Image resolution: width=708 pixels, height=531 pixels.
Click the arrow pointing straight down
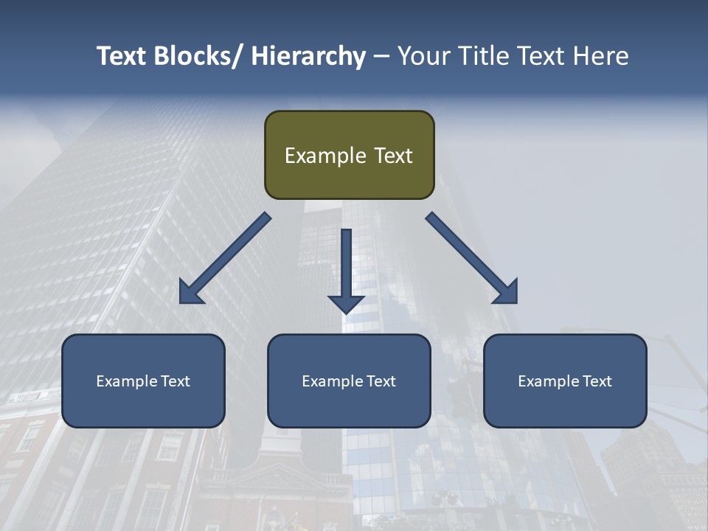346,269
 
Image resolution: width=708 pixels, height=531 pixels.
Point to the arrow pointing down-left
225,259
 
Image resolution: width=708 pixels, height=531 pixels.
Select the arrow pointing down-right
471,258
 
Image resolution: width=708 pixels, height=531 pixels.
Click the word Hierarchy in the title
308,56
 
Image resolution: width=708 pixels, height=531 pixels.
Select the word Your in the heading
421,56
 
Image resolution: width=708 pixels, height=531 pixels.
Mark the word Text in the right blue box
597,381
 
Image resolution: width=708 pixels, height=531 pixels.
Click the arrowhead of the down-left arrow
190,292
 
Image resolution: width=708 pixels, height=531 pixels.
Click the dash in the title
381,56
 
